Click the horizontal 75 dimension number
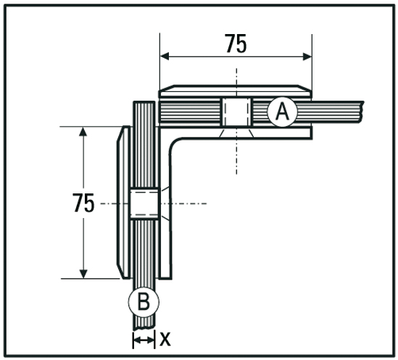[x=235, y=44]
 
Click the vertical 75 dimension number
[x=84, y=203]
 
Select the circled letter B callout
[x=143, y=301]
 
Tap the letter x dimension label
[x=165, y=338]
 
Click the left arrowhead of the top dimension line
[x=165, y=56]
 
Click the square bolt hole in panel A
[x=236, y=112]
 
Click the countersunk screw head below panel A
[x=236, y=133]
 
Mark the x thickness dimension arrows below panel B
[x=144, y=338]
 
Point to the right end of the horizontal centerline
[x=207, y=204]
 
